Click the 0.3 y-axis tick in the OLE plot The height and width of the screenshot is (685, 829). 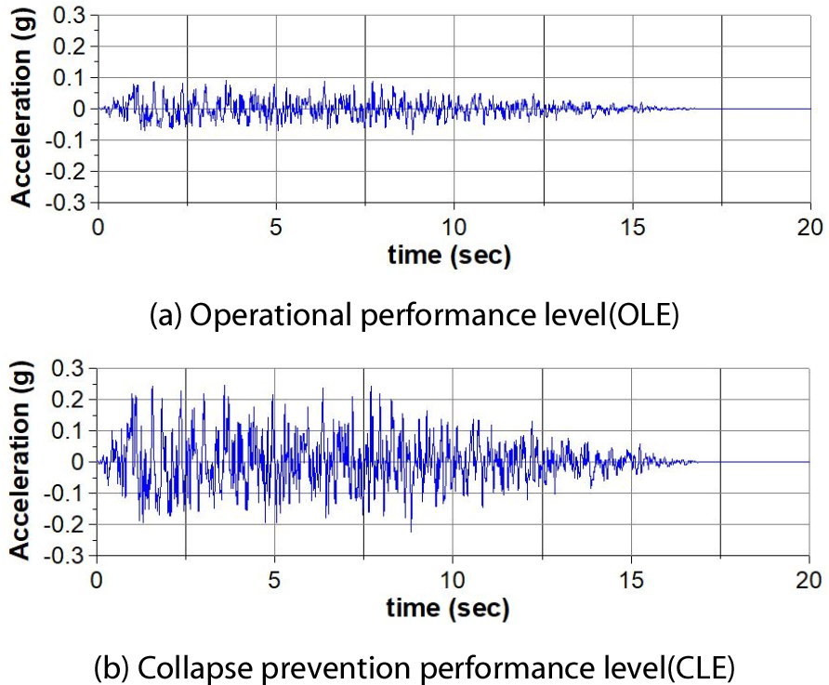[72, 15]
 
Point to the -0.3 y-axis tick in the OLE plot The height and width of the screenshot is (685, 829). [69, 203]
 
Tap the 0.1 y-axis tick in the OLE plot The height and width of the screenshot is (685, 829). [72, 77]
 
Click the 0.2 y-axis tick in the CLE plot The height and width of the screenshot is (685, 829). [72, 400]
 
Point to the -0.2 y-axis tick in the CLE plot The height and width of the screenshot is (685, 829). [69, 524]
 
